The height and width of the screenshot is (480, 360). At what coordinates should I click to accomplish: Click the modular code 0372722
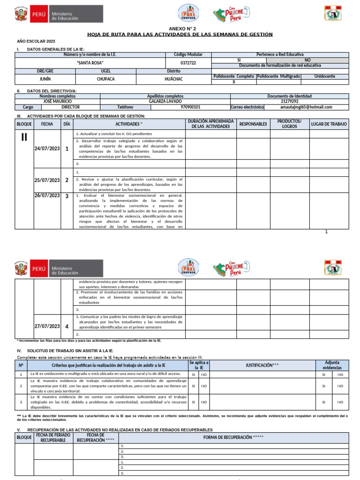pos(188,63)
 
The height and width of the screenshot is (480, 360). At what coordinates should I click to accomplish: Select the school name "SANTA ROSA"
pos(90,63)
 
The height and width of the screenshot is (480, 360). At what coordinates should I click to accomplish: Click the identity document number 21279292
pos(289,101)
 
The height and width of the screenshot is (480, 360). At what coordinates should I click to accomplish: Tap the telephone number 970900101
pos(190,107)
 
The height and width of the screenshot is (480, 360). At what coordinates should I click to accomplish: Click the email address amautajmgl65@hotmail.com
pos(306,107)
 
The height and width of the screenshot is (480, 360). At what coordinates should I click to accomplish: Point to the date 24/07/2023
pos(47,149)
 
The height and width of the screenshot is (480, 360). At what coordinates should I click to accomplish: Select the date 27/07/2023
pos(47,326)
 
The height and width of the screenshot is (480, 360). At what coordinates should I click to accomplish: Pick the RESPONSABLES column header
pos(253,124)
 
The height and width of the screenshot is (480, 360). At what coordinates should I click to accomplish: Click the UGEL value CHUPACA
pos(105,79)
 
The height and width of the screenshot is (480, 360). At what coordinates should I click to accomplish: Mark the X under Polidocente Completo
pos(234,82)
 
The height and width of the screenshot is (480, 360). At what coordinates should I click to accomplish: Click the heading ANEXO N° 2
pos(180,29)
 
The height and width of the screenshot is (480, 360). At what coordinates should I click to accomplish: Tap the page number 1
pos(326,232)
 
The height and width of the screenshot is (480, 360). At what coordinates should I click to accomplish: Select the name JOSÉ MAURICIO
pos(57,101)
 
